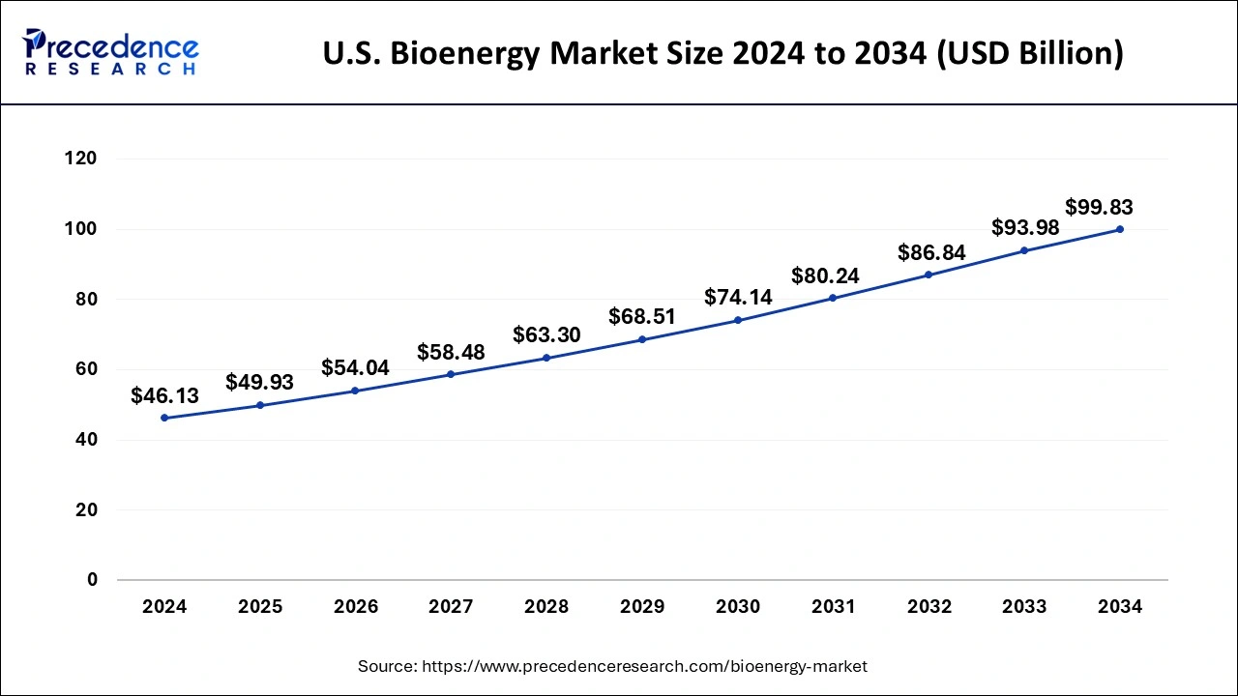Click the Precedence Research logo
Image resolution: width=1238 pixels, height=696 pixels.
click(110, 52)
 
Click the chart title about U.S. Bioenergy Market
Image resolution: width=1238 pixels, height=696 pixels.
click(722, 53)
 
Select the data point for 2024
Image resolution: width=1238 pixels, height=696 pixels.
click(164, 418)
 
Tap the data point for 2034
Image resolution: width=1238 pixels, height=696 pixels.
click(1120, 229)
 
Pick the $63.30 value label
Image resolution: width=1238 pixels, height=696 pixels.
click(546, 335)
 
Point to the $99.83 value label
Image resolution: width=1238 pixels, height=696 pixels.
click(1099, 207)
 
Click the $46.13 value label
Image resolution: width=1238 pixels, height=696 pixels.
click(164, 395)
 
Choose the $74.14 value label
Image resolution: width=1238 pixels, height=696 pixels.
click(738, 297)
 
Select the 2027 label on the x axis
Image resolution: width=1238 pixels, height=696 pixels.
click(451, 607)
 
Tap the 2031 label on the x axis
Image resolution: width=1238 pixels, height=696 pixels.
click(833, 607)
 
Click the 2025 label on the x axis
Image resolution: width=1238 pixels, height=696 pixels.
click(260, 607)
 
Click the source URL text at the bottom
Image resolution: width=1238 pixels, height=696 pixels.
click(612, 666)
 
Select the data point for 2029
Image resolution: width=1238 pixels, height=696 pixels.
click(642, 339)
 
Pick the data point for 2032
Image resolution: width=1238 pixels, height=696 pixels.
click(928, 275)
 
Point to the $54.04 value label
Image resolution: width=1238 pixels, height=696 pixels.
click(355, 368)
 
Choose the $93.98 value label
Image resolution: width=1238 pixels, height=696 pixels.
click(1025, 228)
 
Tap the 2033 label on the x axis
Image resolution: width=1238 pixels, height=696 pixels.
click(1024, 607)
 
